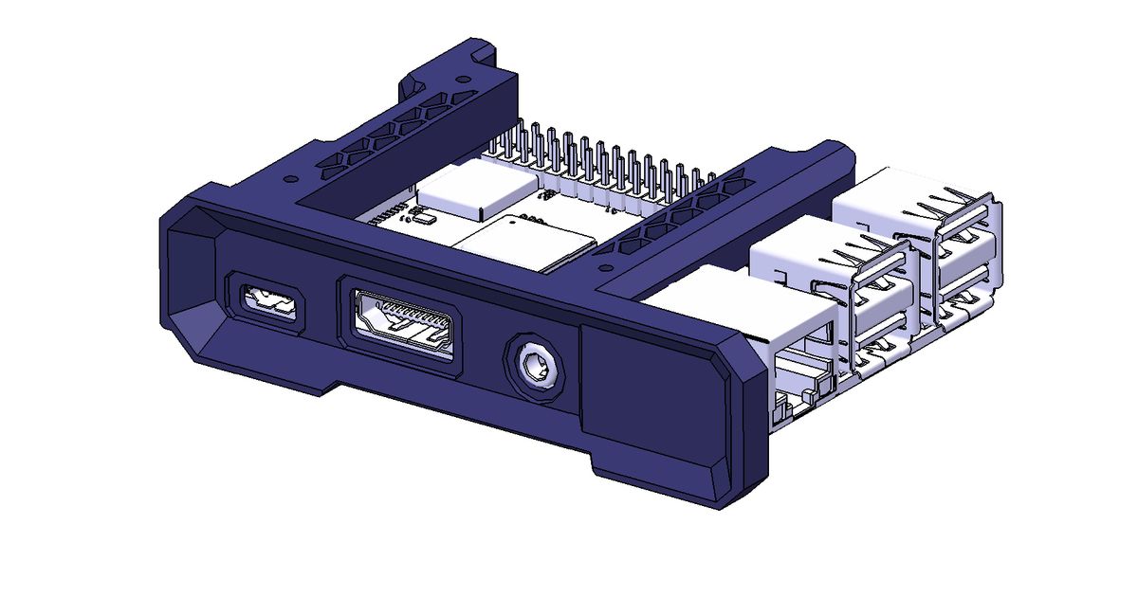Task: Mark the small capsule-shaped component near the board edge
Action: [x=423, y=219]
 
